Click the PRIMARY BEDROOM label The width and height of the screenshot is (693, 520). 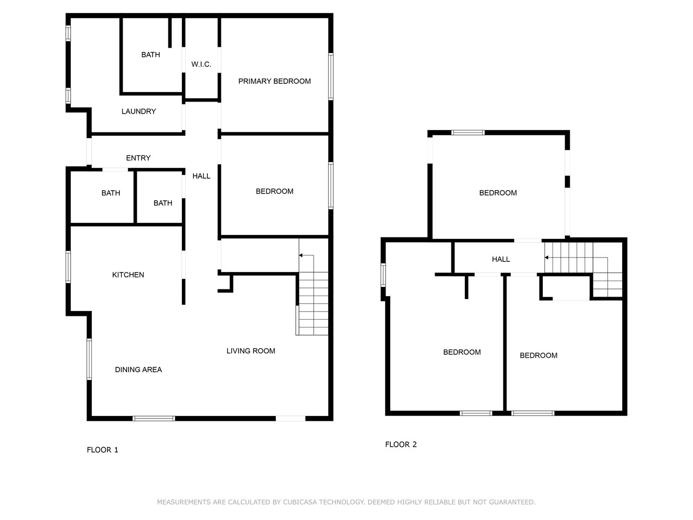[x=274, y=81]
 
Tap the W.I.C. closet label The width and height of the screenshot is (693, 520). [x=201, y=65]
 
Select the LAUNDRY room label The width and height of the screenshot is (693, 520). [x=139, y=112]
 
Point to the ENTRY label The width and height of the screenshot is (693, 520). [x=138, y=158]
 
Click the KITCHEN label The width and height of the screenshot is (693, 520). [x=128, y=275]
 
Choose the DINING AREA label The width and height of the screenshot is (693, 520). [x=138, y=370]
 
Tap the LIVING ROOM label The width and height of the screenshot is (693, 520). [x=251, y=351]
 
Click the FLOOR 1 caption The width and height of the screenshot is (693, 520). [x=103, y=450]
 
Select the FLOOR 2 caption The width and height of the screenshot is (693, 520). [x=401, y=444]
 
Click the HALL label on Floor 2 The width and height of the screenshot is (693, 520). [x=500, y=260]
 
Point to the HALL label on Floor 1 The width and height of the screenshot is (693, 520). [x=201, y=176]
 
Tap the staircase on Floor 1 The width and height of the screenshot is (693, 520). [x=313, y=303]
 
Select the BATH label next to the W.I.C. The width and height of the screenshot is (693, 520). [x=151, y=55]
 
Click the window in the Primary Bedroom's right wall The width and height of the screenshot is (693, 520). [x=331, y=77]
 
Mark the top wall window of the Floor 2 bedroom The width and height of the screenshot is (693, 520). [x=468, y=132]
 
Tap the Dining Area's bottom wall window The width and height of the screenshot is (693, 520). [x=154, y=418]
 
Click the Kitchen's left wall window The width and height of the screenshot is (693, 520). [x=68, y=267]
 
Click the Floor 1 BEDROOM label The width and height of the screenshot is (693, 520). [x=274, y=192]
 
